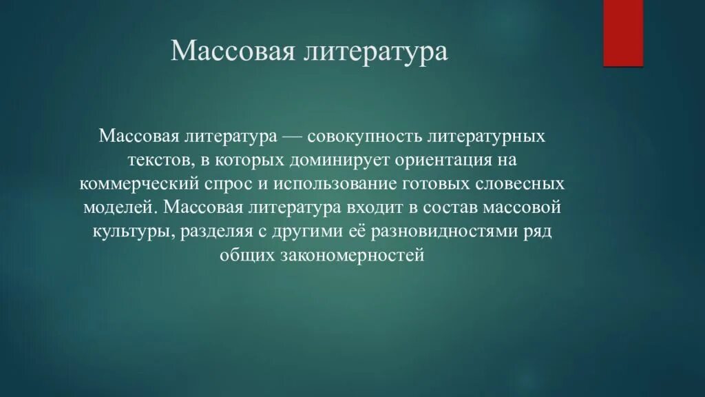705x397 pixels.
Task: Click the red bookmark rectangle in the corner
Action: [623, 32]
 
